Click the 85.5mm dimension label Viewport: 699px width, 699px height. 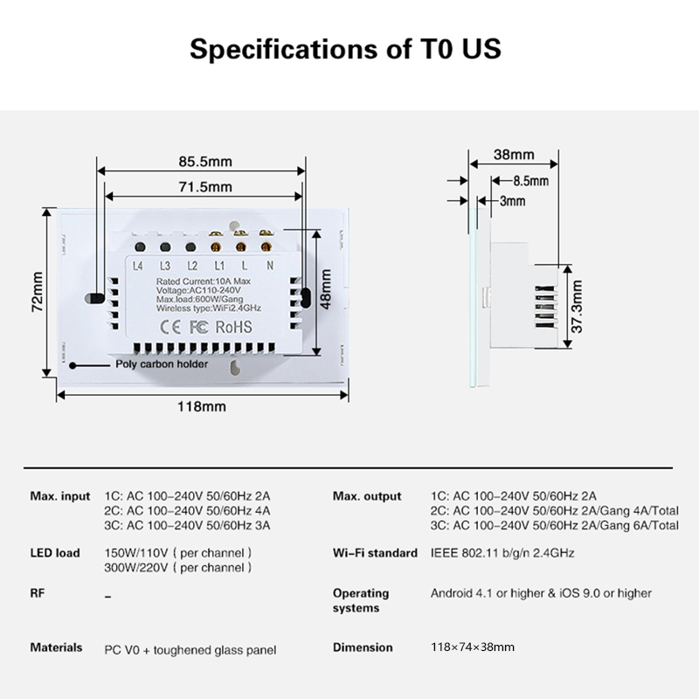pyautogui.click(x=204, y=162)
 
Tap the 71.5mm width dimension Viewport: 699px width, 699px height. pyautogui.click(x=204, y=187)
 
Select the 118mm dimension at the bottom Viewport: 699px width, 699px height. pyautogui.click(x=202, y=406)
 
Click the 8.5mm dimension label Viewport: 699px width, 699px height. pyautogui.click(x=530, y=181)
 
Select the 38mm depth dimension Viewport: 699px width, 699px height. pyautogui.click(x=513, y=155)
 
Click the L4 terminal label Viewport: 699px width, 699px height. pyautogui.click(x=137, y=266)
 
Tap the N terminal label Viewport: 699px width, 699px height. pyautogui.click(x=269, y=266)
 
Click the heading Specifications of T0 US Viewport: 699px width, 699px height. pyautogui.click(x=346, y=47)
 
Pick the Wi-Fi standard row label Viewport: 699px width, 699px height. pyautogui.click(x=374, y=553)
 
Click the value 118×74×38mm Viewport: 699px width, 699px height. pyautogui.click(x=473, y=647)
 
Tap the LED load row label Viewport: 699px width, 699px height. pyautogui.click(x=55, y=553)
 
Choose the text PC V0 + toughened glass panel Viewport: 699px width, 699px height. pyautogui.click(x=190, y=649)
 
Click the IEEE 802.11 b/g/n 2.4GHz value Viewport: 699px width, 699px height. pyautogui.click(x=502, y=553)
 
